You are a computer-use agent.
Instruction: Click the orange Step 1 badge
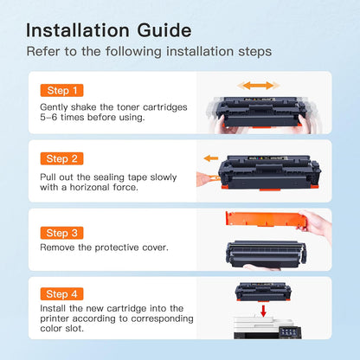[x=61, y=90]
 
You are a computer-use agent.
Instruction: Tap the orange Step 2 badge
[x=61, y=158]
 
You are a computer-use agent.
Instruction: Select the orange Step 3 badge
[x=61, y=233]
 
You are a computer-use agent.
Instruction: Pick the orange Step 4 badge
[x=61, y=294]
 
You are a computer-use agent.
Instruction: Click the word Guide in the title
[x=164, y=30]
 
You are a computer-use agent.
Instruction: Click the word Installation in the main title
[x=78, y=30]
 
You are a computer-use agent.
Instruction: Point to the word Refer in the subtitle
[x=43, y=52]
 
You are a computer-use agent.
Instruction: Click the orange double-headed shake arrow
[x=259, y=86]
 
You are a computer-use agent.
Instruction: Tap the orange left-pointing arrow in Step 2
[x=211, y=158]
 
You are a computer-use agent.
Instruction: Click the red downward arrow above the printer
[x=263, y=311]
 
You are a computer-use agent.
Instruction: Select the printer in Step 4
[x=267, y=328]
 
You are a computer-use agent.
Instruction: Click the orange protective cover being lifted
[x=264, y=219]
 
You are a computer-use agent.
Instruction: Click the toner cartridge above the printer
[x=263, y=292]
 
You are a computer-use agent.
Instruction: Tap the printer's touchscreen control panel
[x=290, y=332]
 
